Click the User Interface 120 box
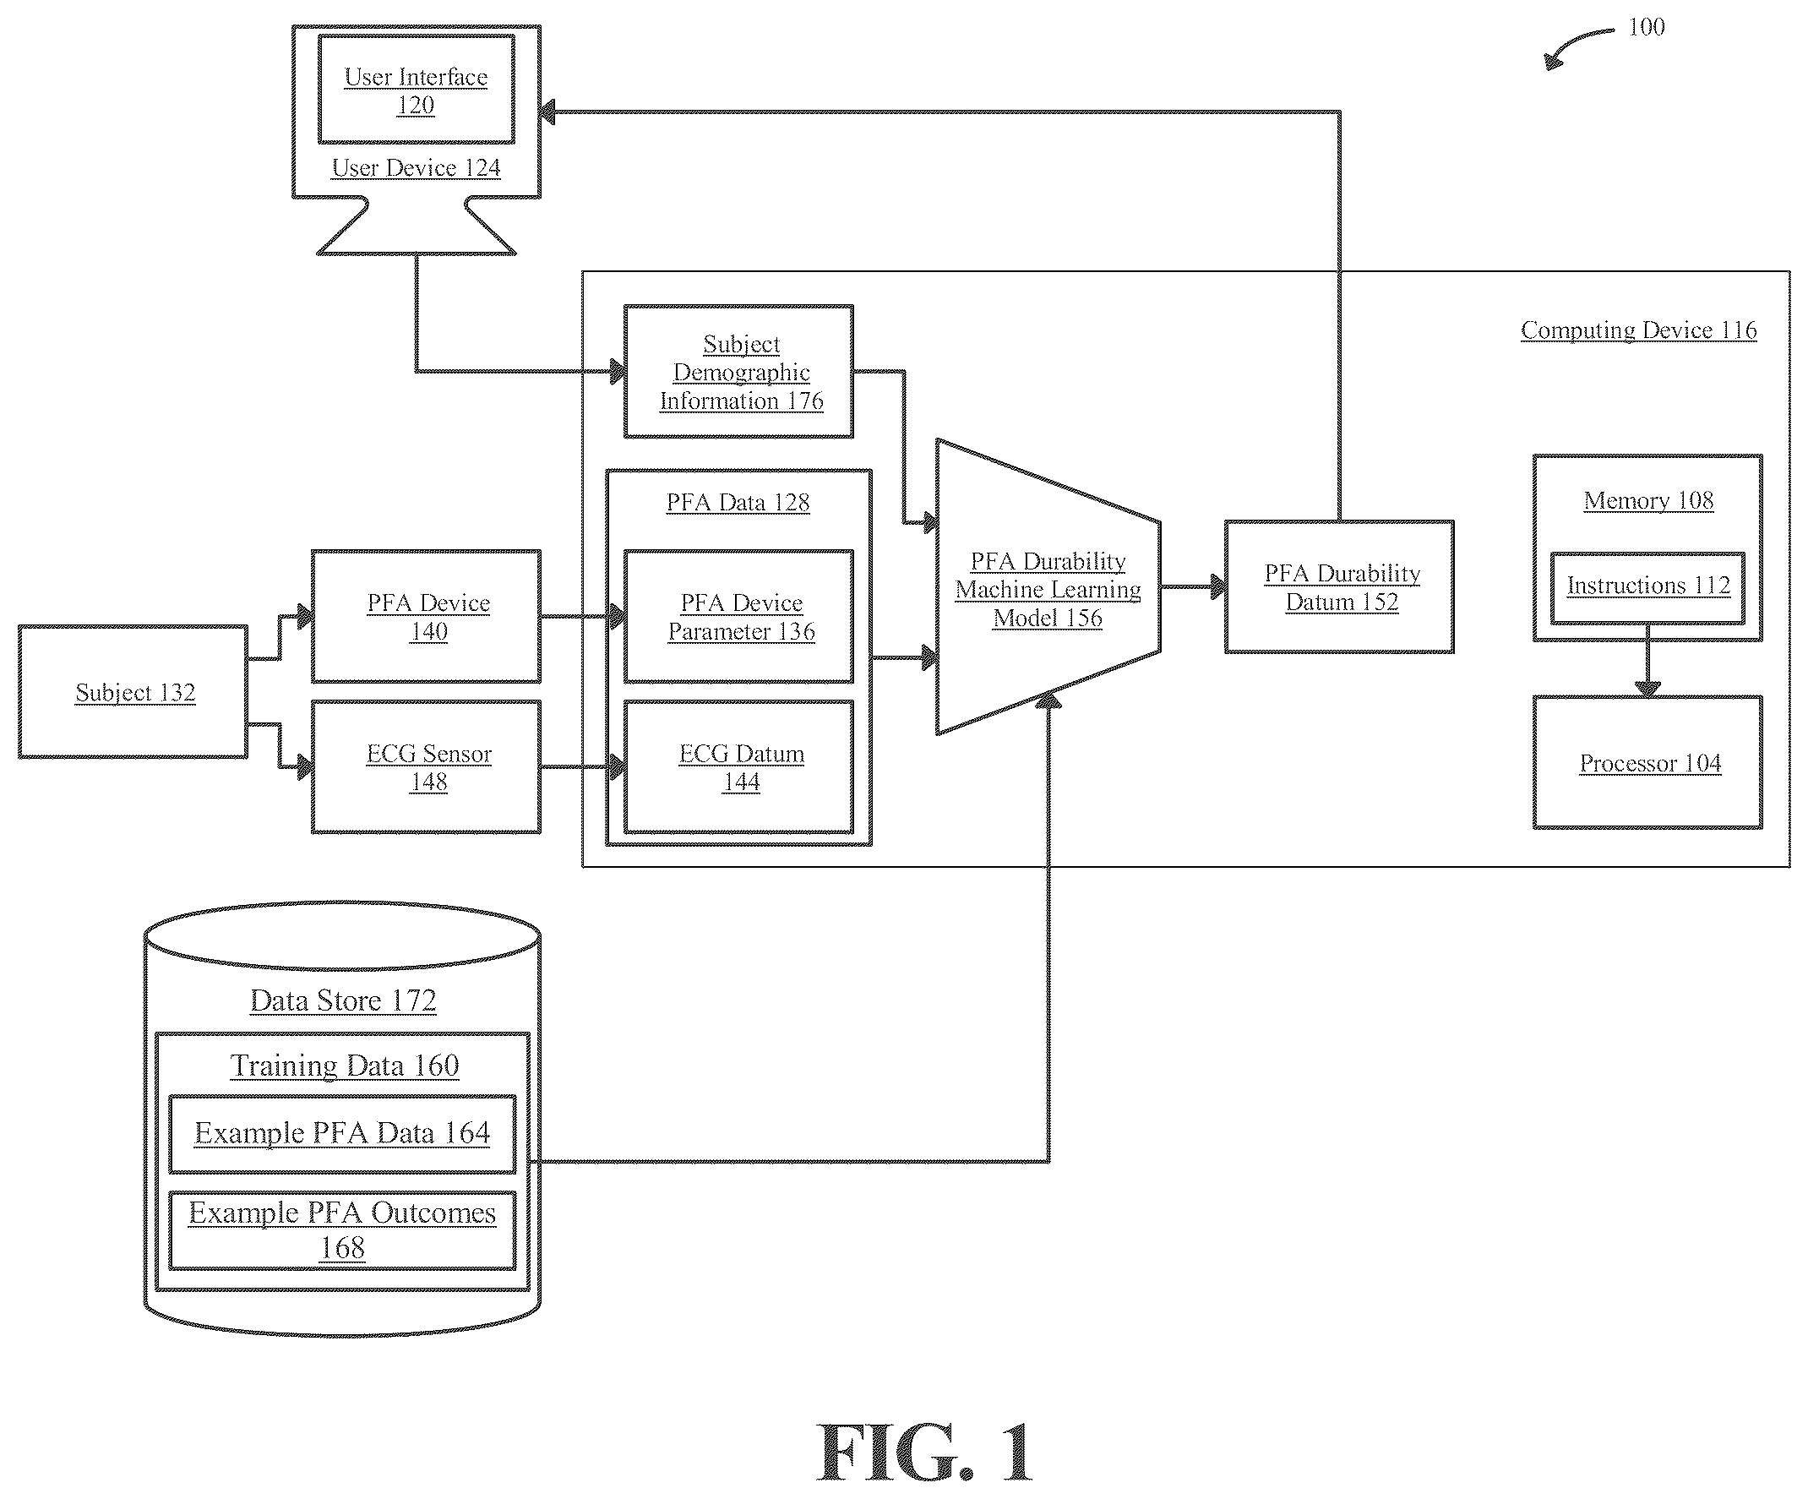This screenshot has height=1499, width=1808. (x=417, y=90)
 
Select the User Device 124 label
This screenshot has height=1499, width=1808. (x=417, y=168)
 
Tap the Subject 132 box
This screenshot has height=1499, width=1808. (x=133, y=692)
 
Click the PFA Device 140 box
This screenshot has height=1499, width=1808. (x=426, y=617)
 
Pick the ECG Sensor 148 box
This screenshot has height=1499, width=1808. (x=426, y=767)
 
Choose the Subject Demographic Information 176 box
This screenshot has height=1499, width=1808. (x=738, y=372)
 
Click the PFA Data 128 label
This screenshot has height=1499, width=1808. (x=738, y=503)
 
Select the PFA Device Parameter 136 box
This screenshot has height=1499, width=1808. (x=738, y=617)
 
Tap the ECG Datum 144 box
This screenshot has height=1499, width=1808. (x=738, y=767)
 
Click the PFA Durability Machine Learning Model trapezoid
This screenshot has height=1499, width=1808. (x=1048, y=587)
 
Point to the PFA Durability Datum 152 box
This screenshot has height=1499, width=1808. (x=1340, y=587)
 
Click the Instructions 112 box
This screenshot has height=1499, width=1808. (x=1647, y=588)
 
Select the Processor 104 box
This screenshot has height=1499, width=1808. (x=1647, y=763)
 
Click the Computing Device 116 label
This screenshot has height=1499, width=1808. (x=1638, y=330)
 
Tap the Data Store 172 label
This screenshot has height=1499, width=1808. (x=343, y=1000)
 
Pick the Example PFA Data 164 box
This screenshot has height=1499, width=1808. (x=343, y=1134)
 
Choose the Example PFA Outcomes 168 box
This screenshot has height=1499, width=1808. (x=343, y=1230)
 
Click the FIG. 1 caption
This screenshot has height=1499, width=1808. (x=924, y=1452)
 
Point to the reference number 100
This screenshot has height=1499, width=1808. (x=1646, y=28)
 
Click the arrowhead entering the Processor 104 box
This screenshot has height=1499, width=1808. (x=1647, y=688)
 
